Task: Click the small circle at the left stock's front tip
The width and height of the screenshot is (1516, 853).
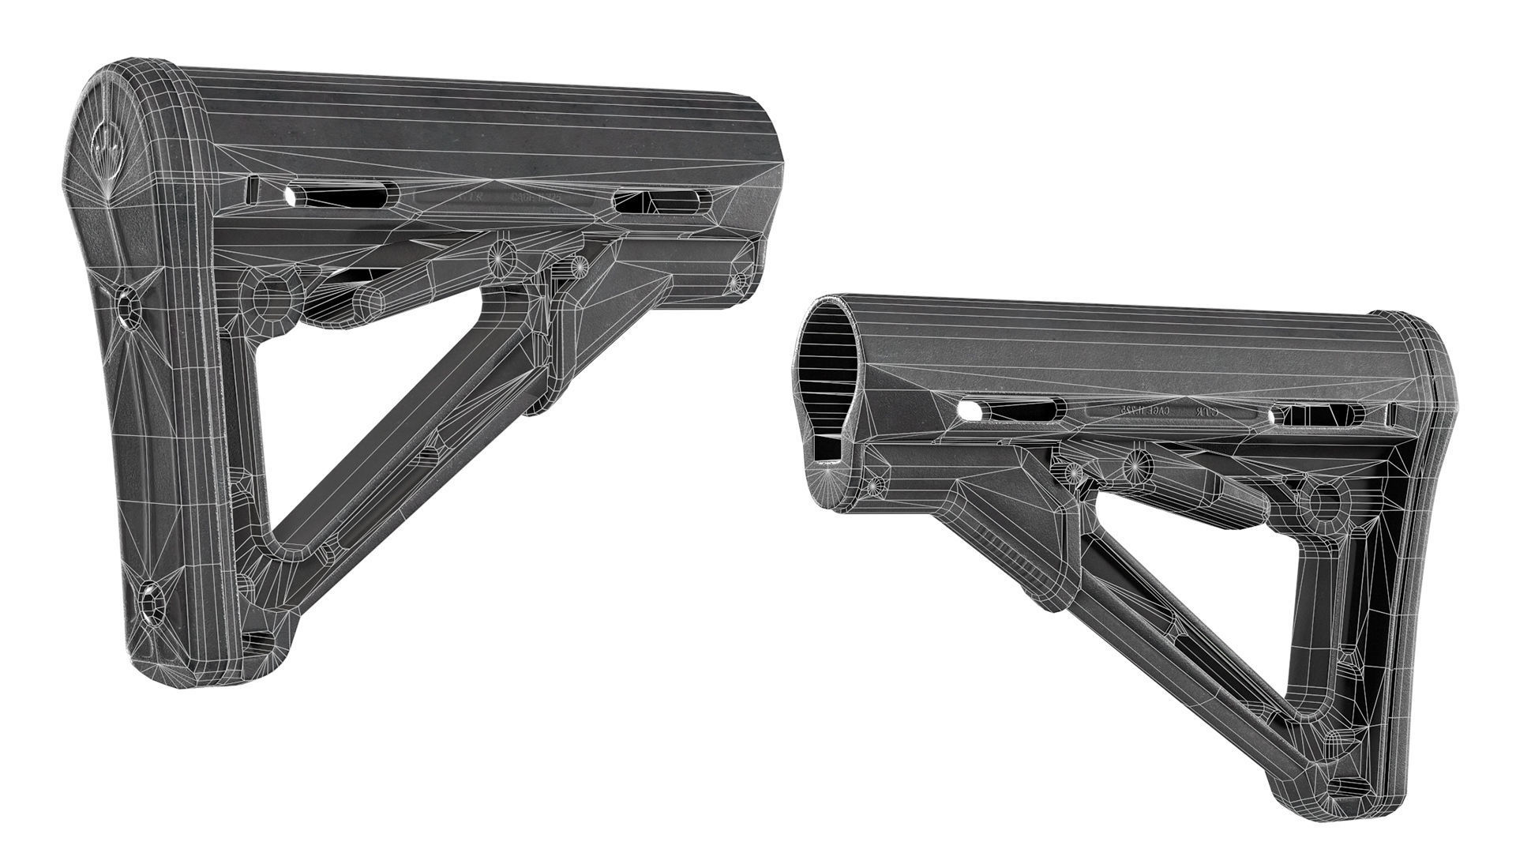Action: coord(739,280)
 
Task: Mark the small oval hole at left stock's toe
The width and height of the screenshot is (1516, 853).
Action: coord(254,641)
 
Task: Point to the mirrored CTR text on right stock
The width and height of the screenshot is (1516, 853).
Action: coord(1202,412)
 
